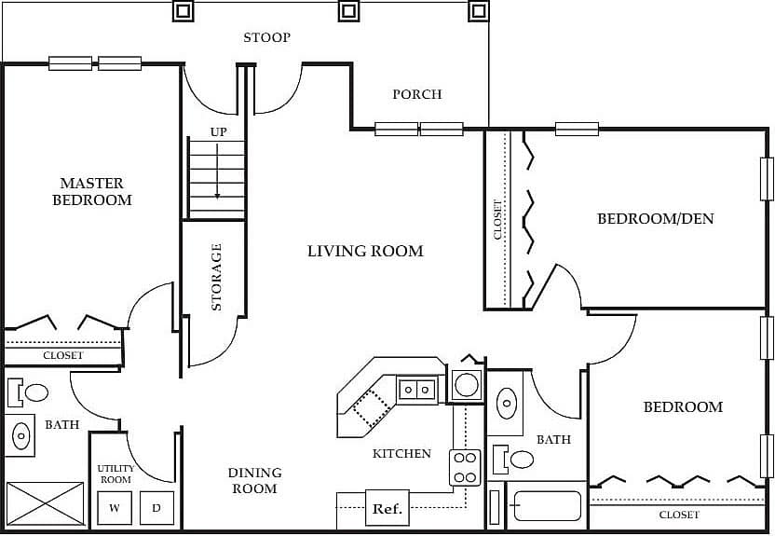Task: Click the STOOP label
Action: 266,38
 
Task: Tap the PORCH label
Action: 416,94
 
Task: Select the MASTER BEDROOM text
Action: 91,192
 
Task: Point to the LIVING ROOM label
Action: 365,251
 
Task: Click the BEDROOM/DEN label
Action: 655,219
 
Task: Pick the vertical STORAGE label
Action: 216,277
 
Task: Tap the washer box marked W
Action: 115,508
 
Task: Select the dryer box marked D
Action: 156,508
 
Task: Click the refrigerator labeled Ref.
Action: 387,509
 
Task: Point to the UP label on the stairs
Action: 218,132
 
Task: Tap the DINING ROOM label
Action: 254,481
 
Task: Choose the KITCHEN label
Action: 401,454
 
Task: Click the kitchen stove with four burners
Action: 465,467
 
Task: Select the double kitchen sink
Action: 417,389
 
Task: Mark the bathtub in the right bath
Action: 547,506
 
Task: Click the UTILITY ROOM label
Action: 116,474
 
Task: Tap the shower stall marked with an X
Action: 45,503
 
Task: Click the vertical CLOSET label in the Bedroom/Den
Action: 498,220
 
